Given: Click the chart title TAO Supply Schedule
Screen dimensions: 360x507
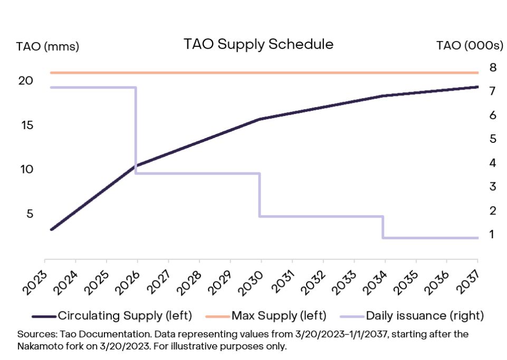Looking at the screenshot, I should point(259,44).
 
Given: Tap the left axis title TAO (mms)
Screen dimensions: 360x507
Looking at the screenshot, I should point(47,47).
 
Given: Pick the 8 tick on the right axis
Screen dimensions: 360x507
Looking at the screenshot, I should point(492,67).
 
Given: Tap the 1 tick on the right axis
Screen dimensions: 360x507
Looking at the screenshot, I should point(492,234).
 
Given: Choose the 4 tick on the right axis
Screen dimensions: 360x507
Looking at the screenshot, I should point(492,163).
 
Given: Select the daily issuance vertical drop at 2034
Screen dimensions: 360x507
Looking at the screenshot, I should point(383,227).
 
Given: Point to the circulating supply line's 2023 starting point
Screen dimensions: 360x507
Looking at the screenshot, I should point(52,229).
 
